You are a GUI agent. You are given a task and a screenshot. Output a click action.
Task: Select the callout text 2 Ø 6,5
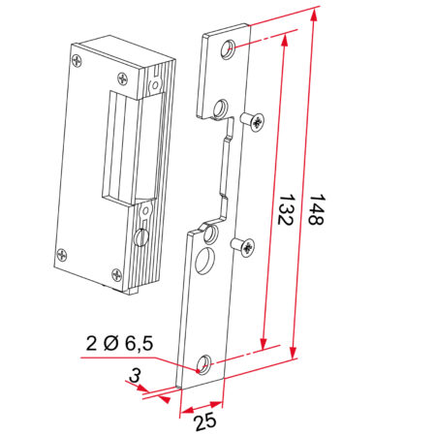pos(118,343)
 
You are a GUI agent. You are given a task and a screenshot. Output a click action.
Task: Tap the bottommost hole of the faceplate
pos(203,365)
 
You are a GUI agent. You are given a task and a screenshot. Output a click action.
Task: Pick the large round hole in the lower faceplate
pos(204,262)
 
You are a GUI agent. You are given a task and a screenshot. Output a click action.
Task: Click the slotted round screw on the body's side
pos(140,235)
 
